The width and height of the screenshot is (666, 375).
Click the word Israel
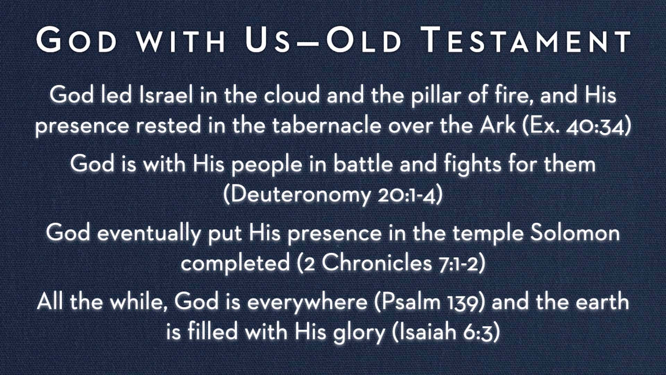pos(166,94)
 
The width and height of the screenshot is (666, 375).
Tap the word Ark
pos(498,125)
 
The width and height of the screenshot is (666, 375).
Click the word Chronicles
pos(376,262)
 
